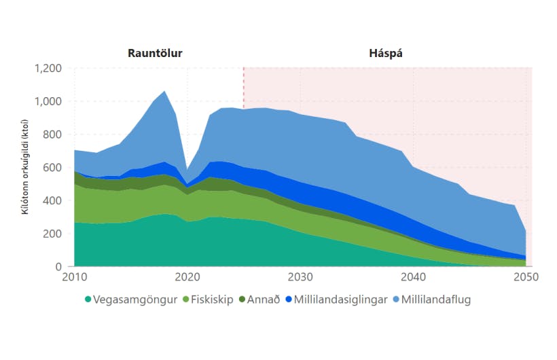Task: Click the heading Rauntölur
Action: click(x=155, y=52)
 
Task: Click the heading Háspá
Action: click(x=386, y=52)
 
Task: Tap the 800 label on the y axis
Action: click(x=52, y=134)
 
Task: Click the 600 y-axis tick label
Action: click(x=52, y=168)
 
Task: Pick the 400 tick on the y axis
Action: click(x=52, y=200)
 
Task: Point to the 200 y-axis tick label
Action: click(x=52, y=234)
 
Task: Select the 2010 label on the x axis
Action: click(x=75, y=277)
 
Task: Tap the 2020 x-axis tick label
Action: click(x=187, y=277)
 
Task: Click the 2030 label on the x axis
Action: click(x=300, y=277)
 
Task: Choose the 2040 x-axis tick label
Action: click(x=413, y=277)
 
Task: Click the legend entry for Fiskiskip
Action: click(x=204, y=299)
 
